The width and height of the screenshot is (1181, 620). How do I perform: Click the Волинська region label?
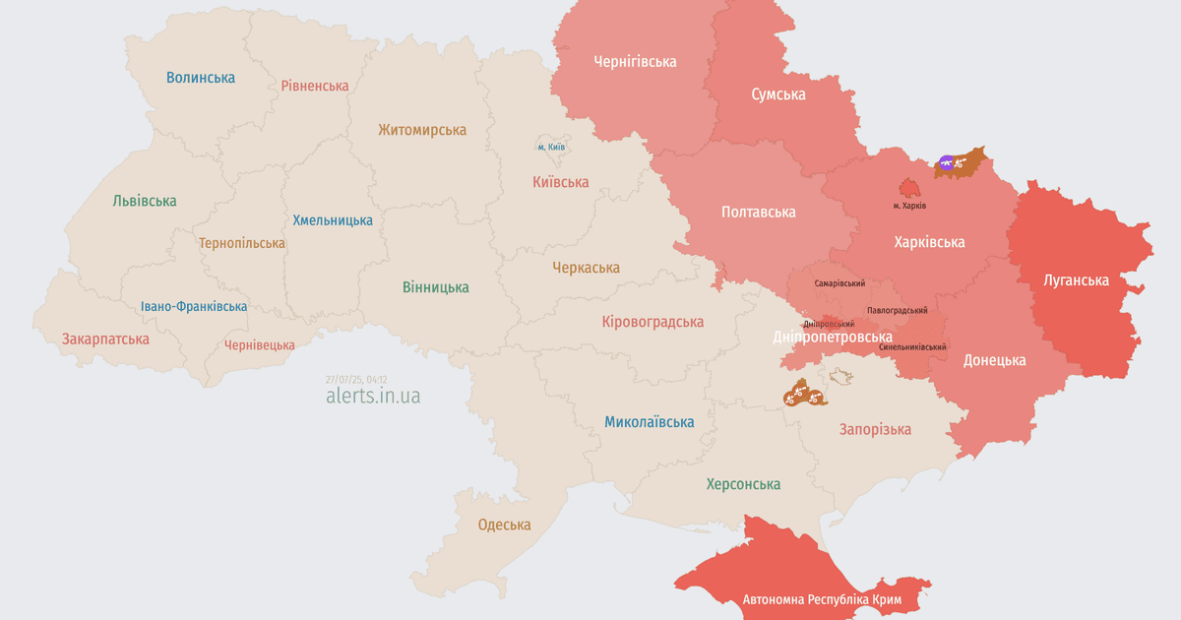(x=201, y=77)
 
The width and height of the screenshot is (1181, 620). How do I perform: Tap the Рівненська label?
(x=315, y=86)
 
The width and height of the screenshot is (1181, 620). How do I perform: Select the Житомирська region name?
(x=422, y=130)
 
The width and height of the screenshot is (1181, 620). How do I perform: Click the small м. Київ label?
(x=551, y=147)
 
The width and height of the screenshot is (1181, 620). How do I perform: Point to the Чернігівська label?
(x=635, y=61)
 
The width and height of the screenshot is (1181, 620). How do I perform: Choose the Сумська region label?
(x=777, y=94)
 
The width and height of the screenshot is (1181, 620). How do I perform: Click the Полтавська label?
(x=758, y=212)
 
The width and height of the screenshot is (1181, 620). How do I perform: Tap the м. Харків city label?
(x=909, y=206)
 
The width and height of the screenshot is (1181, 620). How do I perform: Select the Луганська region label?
(x=1076, y=280)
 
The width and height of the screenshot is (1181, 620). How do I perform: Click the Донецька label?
(x=994, y=360)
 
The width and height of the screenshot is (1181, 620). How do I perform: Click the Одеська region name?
(x=504, y=525)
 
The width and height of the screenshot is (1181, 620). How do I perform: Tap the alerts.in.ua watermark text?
(x=373, y=396)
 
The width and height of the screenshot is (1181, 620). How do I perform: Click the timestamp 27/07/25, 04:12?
(x=356, y=379)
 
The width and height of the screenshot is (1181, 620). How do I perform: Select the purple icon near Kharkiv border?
(x=946, y=162)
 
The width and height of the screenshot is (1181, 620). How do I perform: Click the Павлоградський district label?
(x=897, y=310)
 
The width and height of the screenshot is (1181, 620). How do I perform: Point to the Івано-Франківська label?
(x=194, y=306)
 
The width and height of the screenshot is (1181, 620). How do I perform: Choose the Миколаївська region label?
(x=649, y=422)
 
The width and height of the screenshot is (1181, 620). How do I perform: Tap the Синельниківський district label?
(x=913, y=347)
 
